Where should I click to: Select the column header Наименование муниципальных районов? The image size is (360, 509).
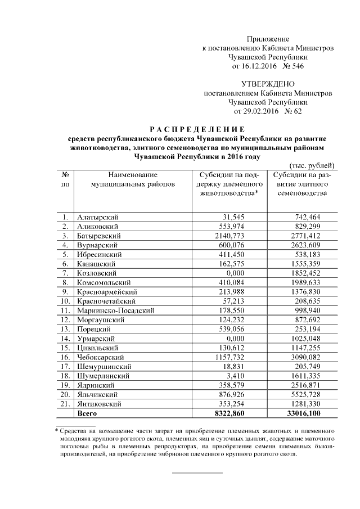133,179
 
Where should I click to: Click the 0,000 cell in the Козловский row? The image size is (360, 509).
252,272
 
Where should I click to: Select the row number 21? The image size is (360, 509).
65,404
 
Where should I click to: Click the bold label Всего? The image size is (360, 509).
87,413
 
